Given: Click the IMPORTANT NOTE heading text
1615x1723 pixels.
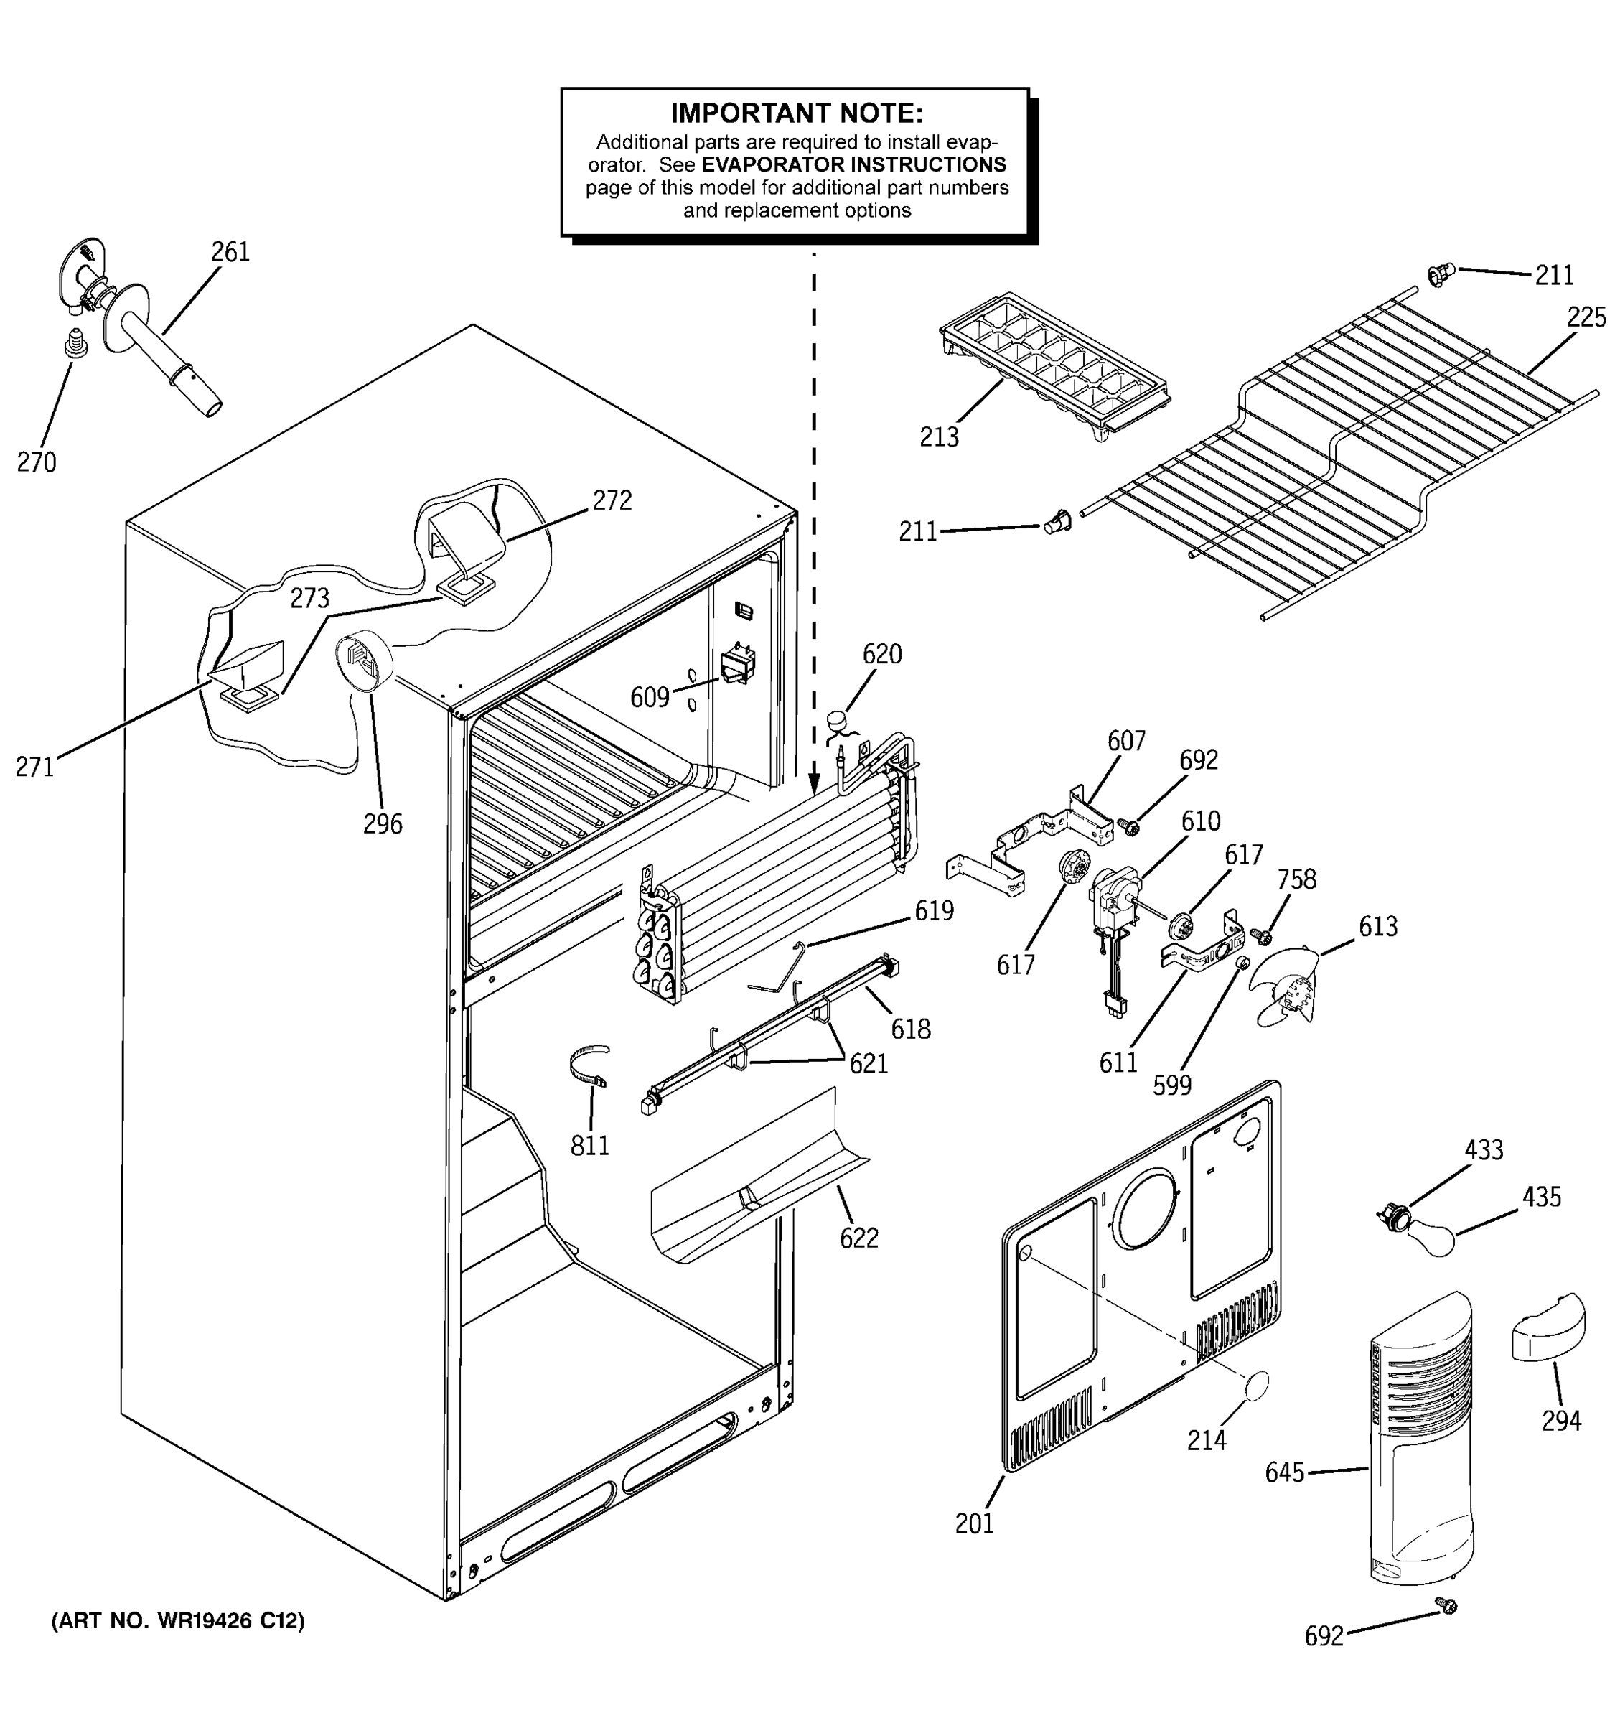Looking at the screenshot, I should pos(796,113).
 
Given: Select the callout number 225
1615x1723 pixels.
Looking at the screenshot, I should pos(1586,318).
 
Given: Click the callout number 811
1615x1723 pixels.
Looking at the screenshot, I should pos(589,1146).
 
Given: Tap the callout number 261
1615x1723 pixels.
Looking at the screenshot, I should pos(230,252).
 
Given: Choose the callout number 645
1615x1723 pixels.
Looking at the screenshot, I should pos(1284,1472).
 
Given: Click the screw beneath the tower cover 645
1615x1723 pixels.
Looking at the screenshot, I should pos(1445,1605).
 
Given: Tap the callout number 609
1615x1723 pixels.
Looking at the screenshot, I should pos(649,697).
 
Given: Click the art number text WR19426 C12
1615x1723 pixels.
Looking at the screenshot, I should pos(177,1621).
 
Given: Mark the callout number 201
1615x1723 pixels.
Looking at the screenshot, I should pos(974,1523).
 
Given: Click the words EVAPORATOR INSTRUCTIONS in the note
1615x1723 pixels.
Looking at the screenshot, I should pos(853,164).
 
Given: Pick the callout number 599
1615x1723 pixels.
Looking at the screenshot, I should pos(1171,1085).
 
